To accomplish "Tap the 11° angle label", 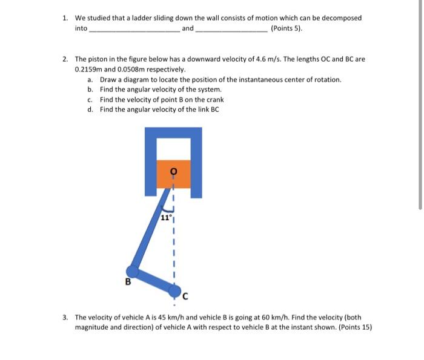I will [167, 217].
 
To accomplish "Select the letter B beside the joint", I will [128, 281].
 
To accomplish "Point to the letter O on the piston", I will [174, 172].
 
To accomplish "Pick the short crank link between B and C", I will [154, 281].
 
